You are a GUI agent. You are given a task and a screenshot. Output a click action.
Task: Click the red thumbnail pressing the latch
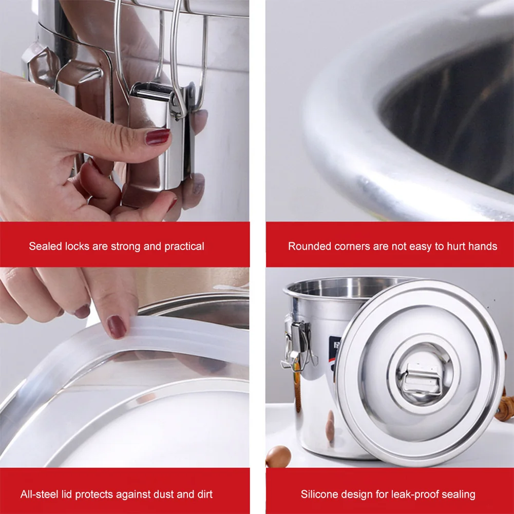click(157, 137)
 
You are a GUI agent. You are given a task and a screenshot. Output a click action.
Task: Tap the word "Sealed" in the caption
click(45, 246)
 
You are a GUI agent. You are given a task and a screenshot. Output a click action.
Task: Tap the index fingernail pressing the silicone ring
click(117, 327)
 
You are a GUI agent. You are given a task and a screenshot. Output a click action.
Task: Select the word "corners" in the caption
click(354, 246)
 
